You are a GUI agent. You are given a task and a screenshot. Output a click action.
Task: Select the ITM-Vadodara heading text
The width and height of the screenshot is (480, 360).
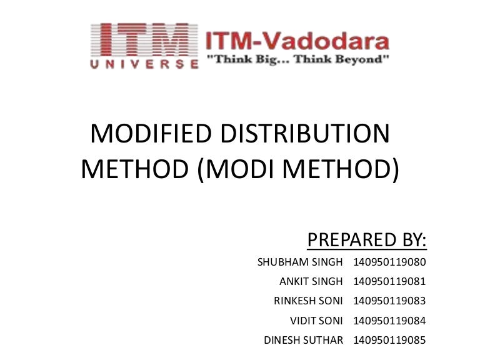[297, 42]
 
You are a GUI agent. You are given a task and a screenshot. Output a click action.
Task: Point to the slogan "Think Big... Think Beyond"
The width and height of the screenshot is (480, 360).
[297, 60]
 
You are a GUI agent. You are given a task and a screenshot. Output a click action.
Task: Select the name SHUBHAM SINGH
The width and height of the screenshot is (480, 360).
[300, 262]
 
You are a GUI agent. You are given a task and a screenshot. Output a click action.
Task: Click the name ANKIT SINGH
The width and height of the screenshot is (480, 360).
[311, 281]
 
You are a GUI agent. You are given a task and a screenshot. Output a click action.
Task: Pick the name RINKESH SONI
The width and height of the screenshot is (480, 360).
[308, 301]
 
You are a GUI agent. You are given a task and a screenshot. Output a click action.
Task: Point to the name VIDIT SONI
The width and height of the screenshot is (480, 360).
[316, 321]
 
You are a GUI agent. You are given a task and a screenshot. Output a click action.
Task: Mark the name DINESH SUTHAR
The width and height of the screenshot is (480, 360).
[304, 341]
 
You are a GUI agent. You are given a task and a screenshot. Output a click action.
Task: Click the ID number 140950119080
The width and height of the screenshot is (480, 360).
[389, 262]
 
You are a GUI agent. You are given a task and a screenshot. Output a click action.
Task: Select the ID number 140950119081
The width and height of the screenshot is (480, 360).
[389, 281]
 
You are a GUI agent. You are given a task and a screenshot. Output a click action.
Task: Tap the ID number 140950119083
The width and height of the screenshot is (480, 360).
[389, 301]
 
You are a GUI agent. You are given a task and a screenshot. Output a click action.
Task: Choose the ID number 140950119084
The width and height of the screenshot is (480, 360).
[389, 321]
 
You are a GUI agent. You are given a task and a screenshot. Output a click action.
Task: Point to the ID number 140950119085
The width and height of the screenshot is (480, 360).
[389, 341]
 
